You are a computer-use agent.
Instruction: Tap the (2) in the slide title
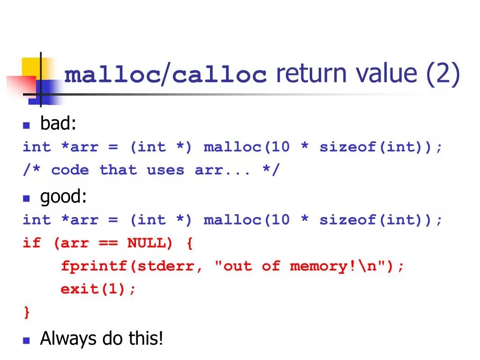tap(443, 75)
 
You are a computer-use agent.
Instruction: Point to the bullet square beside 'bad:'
tap(27, 126)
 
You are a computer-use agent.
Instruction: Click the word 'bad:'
tap(58, 124)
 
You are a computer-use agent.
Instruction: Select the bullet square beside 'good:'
tap(27, 199)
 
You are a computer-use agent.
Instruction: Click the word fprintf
tap(94, 266)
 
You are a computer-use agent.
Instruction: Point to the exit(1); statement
tap(98, 289)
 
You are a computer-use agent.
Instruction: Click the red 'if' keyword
tap(32, 243)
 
